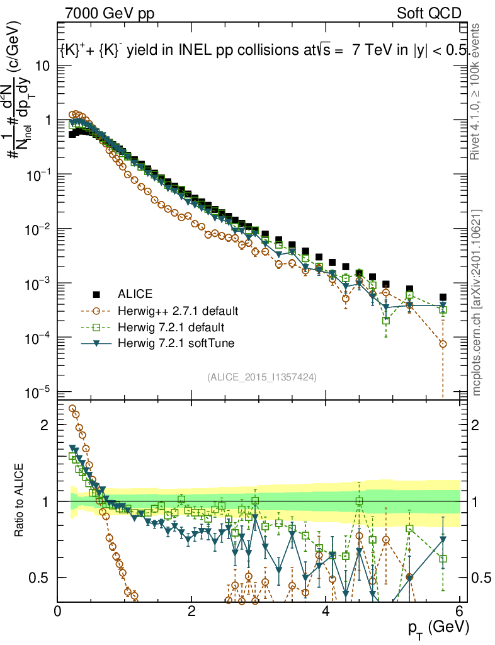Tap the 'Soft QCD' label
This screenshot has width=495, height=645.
[x=430, y=13]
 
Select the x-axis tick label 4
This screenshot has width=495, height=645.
[x=326, y=612]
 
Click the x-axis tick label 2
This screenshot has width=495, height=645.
[x=191, y=612]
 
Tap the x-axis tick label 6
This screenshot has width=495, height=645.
[x=460, y=612]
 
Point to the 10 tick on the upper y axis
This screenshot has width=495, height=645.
[x=43, y=66]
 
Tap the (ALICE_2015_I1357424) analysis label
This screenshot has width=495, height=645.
[x=261, y=377]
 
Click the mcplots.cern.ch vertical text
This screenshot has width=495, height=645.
[x=477, y=302]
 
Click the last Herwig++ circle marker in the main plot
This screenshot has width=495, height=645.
[x=443, y=344]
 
